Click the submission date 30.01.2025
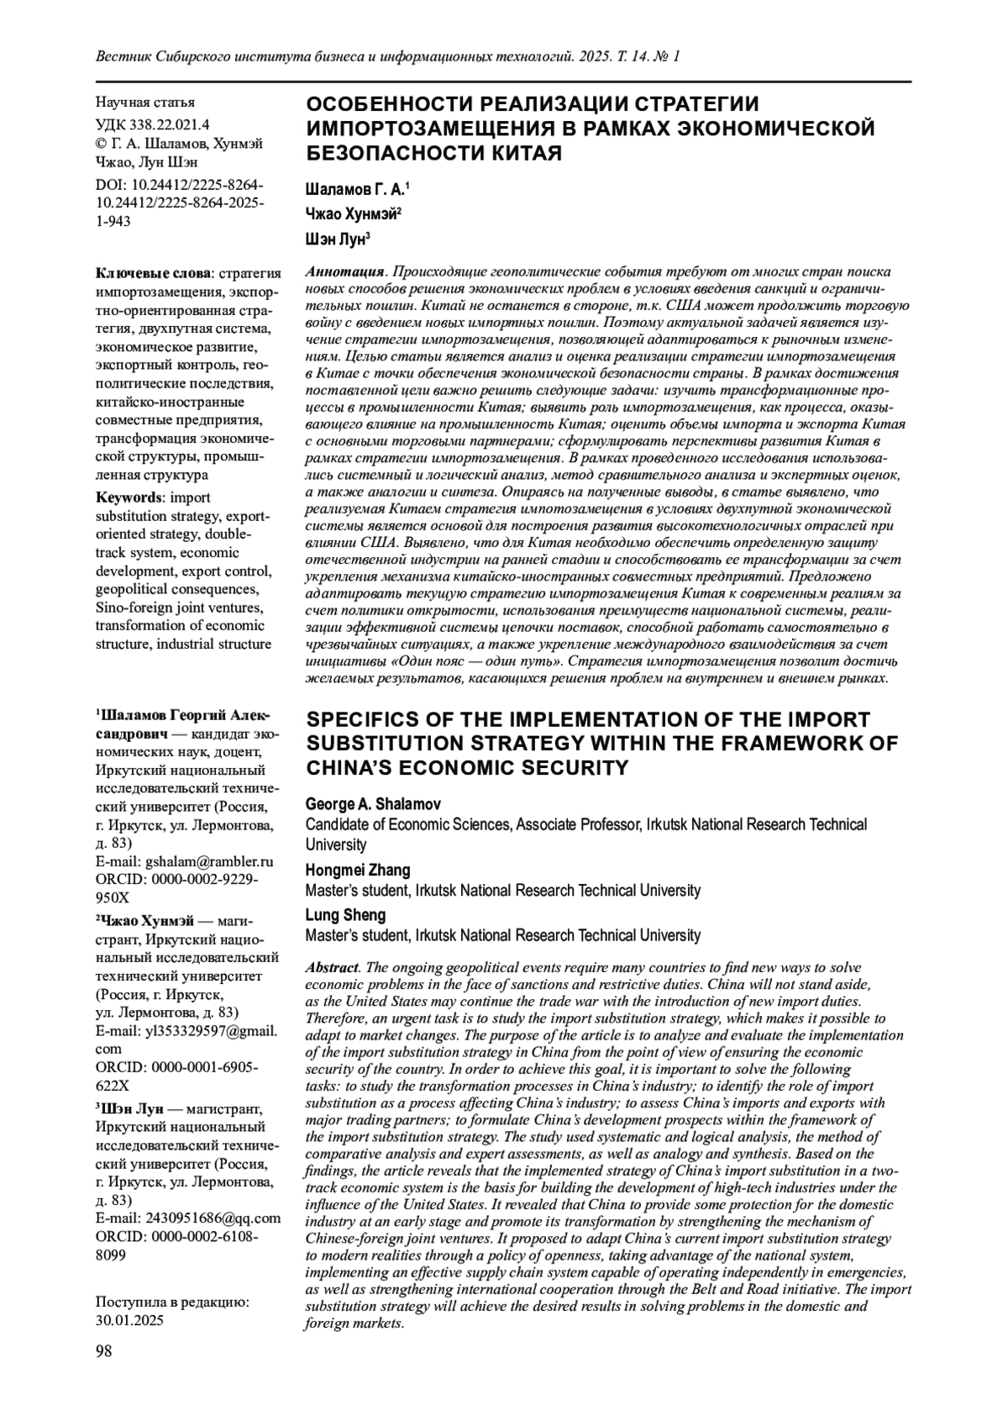click(x=130, y=1319)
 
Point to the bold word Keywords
click(x=128, y=497)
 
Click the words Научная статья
click(x=145, y=103)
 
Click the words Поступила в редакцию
click(x=171, y=1302)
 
